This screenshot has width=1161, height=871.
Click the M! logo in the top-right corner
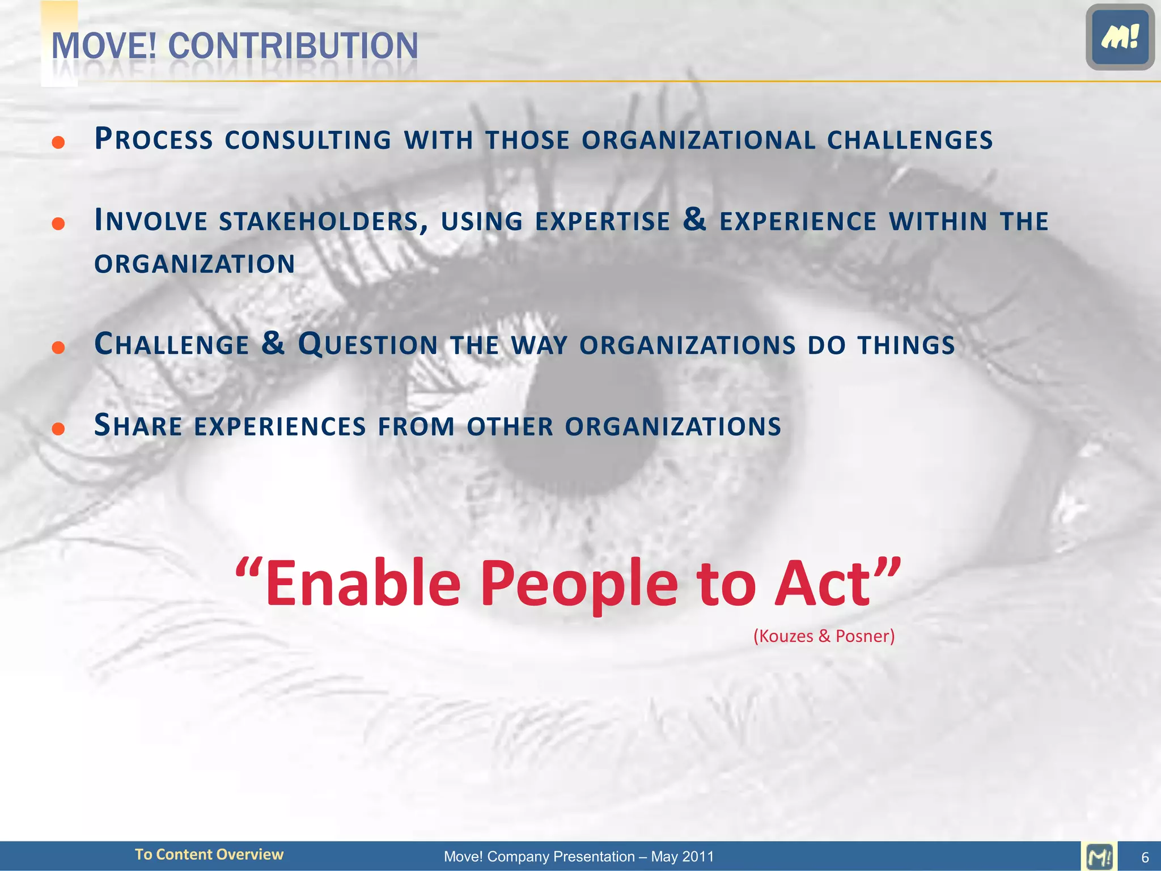coord(1120,37)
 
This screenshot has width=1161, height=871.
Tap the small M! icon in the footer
coord(1099,856)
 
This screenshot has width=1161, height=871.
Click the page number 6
coord(1145,857)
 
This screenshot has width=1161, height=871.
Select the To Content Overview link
coord(209,855)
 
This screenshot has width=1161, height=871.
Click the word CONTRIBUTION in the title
coord(293,46)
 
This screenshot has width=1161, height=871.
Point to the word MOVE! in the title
coord(104,46)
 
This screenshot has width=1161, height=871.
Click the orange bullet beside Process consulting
coord(58,142)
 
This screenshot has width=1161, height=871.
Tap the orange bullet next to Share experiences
coord(58,428)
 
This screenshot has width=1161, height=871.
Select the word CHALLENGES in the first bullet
coord(909,140)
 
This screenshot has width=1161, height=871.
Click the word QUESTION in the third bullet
coord(367,345)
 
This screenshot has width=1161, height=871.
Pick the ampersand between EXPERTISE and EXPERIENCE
coord(694,219)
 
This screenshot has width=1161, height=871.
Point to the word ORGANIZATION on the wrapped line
coord(194,264)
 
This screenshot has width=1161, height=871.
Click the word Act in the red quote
coord(822,584)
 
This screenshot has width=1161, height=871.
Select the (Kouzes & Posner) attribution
coord(824,636)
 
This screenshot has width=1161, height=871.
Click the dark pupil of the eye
coord(590,420)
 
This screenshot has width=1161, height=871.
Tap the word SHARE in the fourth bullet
coord(138,426)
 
